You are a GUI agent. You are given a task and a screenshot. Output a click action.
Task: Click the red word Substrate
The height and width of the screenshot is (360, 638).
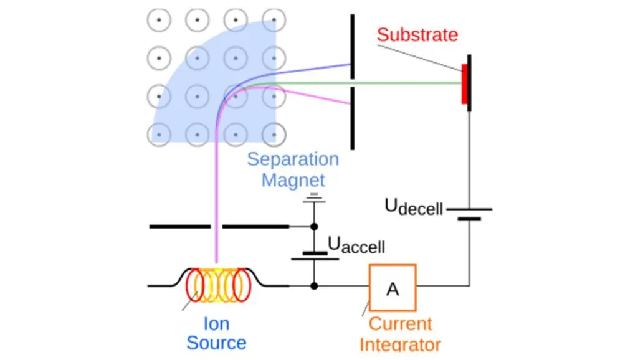pyautogui.click(x=417, y=34)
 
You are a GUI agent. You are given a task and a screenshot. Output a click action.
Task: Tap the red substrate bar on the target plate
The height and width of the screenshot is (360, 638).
pyautogui.click(x=464, y=83)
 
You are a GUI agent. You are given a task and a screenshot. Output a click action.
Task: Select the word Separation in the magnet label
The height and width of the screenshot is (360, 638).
pyautogui.click(x=293, y=159)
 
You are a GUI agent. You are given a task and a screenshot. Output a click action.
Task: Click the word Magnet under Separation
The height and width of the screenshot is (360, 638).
pyautogui.click(x=293, y=181)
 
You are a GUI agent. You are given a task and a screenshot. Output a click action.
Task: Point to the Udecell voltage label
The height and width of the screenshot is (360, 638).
pyautogui.click(x=413, y=206)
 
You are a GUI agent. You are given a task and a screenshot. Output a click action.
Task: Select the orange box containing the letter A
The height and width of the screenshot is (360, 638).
pyautogui.click(x=393, y=288)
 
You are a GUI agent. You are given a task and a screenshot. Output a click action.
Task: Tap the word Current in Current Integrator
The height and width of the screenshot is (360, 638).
pyautogui.click(x=400, y=324)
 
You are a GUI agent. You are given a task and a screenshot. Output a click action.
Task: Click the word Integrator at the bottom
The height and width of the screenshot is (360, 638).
pyautogui.click(x=400, y=344)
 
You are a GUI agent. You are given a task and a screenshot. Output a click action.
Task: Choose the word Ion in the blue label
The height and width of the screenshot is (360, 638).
pyautogui.click(x=216, y=324)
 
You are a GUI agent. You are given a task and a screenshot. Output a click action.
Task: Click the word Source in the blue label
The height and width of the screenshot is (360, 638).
pyautogui.click(x=216, y=343)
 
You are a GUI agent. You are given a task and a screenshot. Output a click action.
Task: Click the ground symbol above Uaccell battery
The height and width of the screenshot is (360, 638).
pyautogui.click(x=315, y=198)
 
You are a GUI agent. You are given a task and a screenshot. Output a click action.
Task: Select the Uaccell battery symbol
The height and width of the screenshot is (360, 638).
pyautogui.click(x=315, y=255)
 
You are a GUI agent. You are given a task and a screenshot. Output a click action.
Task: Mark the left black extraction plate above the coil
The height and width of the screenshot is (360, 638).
pyautogui.click(x=179, y=227)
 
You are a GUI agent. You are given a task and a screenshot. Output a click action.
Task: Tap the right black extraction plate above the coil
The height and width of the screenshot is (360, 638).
pyautogui.click(x=255, y=227)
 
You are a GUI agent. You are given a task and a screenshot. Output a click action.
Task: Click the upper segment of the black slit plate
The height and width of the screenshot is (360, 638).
pyautogui.click(x=352, y=47)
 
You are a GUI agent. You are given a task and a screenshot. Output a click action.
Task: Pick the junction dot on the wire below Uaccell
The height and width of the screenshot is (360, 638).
pyautogui.click(x=315, y=286)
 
